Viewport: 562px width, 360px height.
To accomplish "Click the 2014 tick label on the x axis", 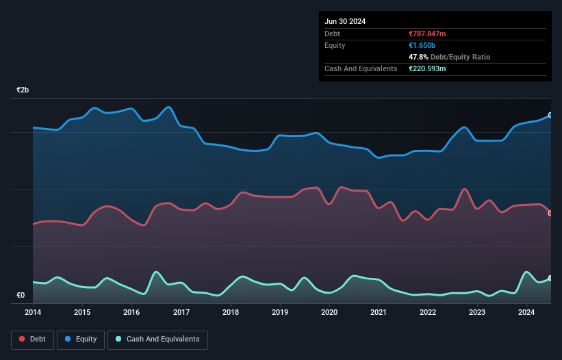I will [x=33, y=313].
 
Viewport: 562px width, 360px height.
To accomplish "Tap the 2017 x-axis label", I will [x=181, y=313].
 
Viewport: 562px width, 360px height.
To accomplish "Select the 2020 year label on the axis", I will [x=329, y=313].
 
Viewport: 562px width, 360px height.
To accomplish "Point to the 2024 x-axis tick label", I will [x=526, y=313].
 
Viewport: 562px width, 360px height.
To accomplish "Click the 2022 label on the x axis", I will [x=428, y=313].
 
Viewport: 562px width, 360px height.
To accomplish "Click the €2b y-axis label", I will [x=23, y=90].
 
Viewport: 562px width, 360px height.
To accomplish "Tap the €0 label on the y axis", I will [x=21, y=296].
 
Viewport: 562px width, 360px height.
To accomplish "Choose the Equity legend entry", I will [x=81, y=339].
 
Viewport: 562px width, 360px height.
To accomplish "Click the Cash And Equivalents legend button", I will [x=157, y=339].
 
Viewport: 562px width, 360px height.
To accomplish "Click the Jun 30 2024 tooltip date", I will [x=345, y=21].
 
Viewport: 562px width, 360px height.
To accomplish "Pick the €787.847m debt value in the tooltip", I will [x=427, y=34].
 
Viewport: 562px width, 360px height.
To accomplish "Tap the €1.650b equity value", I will [x=422, y=45].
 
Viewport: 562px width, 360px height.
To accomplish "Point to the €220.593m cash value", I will [x=428, y=68].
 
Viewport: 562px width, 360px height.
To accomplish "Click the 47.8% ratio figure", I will [x=418, y=57].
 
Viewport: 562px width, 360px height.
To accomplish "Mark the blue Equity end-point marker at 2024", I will [x=550, y=115].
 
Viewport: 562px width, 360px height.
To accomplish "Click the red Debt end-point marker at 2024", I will [x=550, y=213].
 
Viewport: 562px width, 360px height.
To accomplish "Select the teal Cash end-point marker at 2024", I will [x=550, y=278].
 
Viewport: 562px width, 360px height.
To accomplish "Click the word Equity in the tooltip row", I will [x=335, y=45].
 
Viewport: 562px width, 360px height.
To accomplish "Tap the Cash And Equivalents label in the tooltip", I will [x=361, y=68].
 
